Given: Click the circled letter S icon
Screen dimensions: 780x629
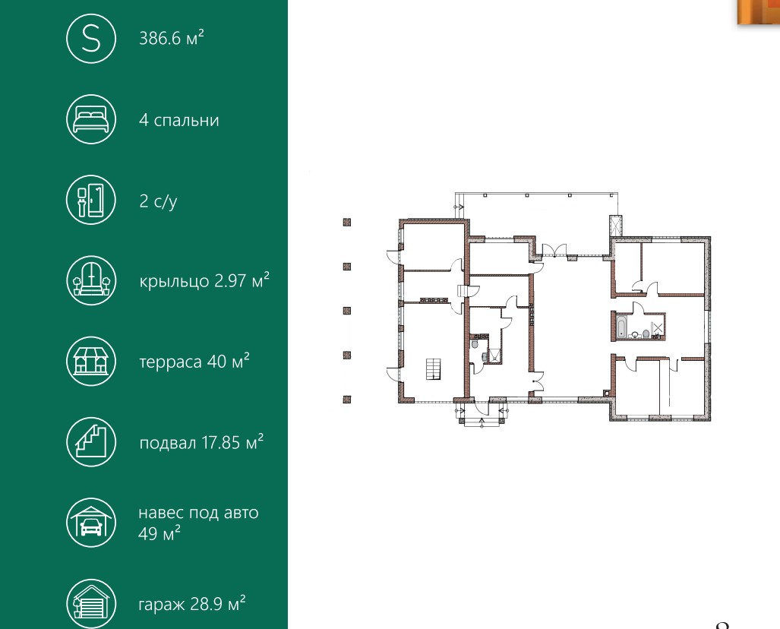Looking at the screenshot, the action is [91, 39].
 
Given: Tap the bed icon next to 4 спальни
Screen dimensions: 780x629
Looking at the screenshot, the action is [91, 119].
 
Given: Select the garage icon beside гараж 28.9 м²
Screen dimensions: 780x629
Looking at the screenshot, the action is [91, 604].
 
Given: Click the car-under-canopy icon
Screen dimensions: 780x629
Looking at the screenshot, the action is [91, 523].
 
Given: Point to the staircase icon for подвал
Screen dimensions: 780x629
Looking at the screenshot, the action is [91, 442].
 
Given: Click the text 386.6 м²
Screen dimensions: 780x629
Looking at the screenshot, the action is [171, 38].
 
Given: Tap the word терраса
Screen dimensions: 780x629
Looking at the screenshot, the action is [170, 362].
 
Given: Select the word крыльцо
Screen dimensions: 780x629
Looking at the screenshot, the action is [174, 282].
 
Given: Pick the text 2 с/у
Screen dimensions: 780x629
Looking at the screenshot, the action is [158, 201].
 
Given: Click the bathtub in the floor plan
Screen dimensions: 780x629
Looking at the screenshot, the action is [622, 327].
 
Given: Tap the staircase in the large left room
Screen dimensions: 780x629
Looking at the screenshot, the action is [433, 368].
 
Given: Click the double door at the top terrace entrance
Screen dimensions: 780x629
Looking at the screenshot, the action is [554, 250].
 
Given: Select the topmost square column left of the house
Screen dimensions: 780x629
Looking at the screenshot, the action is [347, 223].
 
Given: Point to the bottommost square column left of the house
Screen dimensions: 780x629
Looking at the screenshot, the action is [347, 399].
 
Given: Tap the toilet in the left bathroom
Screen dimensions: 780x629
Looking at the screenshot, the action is [474, 344].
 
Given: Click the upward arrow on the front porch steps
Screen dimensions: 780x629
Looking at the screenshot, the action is [482, 423].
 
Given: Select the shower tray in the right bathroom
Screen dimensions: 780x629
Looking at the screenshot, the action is [658, 327].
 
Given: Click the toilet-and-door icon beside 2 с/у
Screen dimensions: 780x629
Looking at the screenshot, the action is [91, 200].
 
